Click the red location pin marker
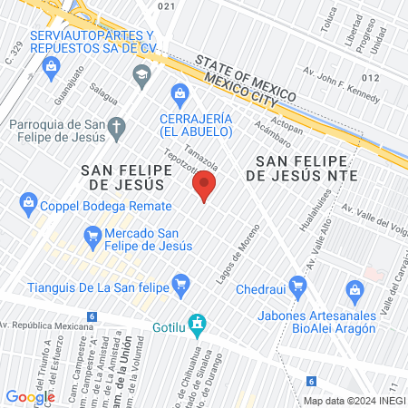pyautogui.click(x=204, y=187)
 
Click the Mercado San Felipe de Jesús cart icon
pyautogui.click(x=91, y=238)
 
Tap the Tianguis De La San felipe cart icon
pyautogui.click(x=180, y=284)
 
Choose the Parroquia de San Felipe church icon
pyautogui.click(x=115, y=130)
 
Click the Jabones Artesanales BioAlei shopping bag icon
pyautogui.click(x=355, y=290)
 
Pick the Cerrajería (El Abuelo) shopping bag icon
pyautogui.click(x=180, y=92)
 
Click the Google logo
pyautogui.click(x=30, y=396)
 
